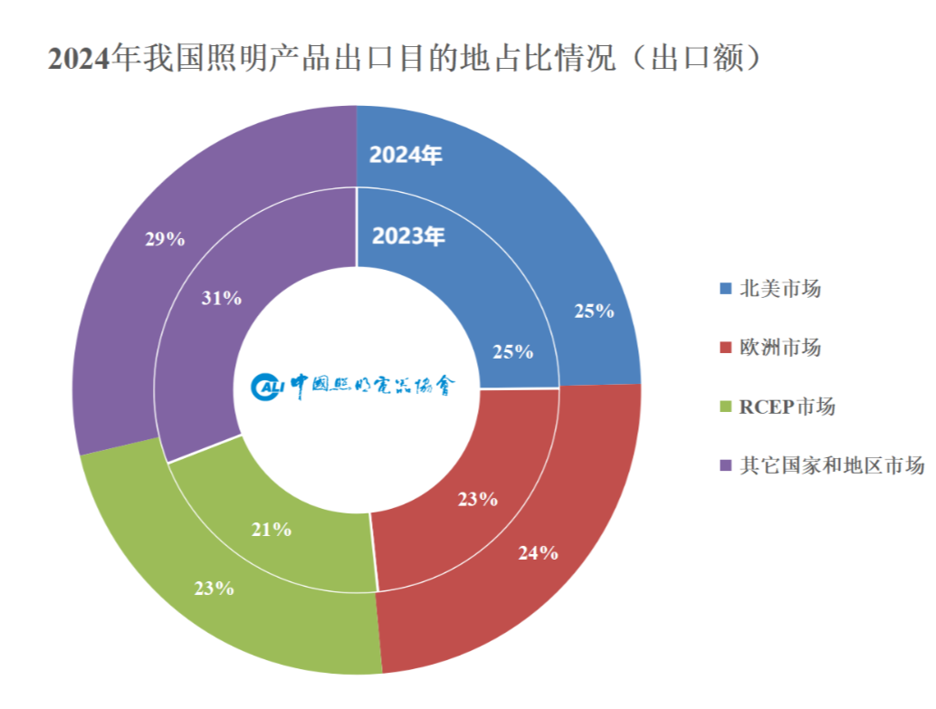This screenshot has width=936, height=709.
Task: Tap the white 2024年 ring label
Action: pyautogui.click(x=406, y=155)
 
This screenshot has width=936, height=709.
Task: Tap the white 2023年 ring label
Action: pyautogui.click(x=409, y=236)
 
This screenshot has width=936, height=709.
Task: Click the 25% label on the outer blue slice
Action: pyautogui.click(x=594, y=311)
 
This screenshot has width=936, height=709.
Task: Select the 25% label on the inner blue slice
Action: pyautogui.click(x=512, y=352)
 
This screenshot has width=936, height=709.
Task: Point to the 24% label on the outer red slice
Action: pyautogui.click(x=538, y=552)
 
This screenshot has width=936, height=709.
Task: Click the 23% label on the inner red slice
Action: pyautogui.click(x=477, y=499)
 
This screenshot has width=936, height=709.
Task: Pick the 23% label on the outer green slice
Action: pyautogui.click(x=215, y=589)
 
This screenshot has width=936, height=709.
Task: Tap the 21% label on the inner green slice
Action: pyautogui.click(x=272, y=530)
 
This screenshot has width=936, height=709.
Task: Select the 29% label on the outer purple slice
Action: pyautogui.click(x=165, y=239)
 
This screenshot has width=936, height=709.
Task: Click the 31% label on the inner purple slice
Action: pyautogui.click(x=222, y=298)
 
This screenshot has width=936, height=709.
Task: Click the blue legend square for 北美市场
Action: pyautogui.click(x=724, y=290)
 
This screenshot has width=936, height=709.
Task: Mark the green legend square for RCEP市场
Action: pyautogui.click(x=724, y=407)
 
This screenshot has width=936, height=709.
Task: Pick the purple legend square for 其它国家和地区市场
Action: pyautogui.click(x=724, y=466)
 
